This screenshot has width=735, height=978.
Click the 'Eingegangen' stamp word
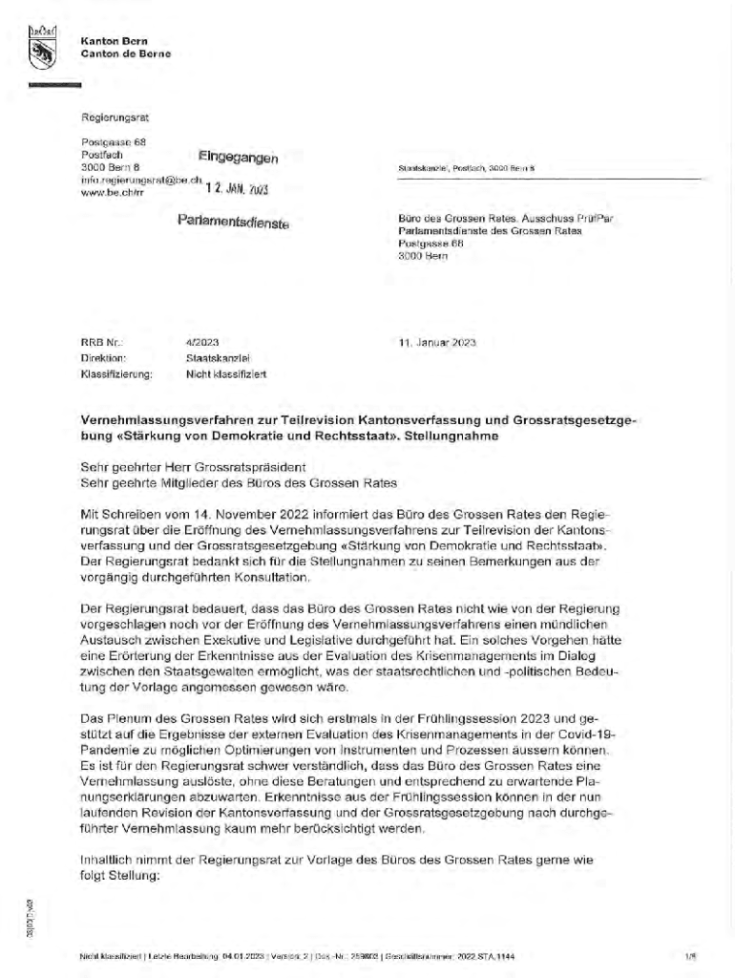238,157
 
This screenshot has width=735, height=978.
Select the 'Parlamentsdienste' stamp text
232,223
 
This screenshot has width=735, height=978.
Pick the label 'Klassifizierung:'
117,374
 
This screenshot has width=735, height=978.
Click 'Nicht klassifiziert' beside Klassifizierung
225,374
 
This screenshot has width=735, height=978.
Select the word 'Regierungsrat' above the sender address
115,117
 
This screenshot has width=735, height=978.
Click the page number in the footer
688,956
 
